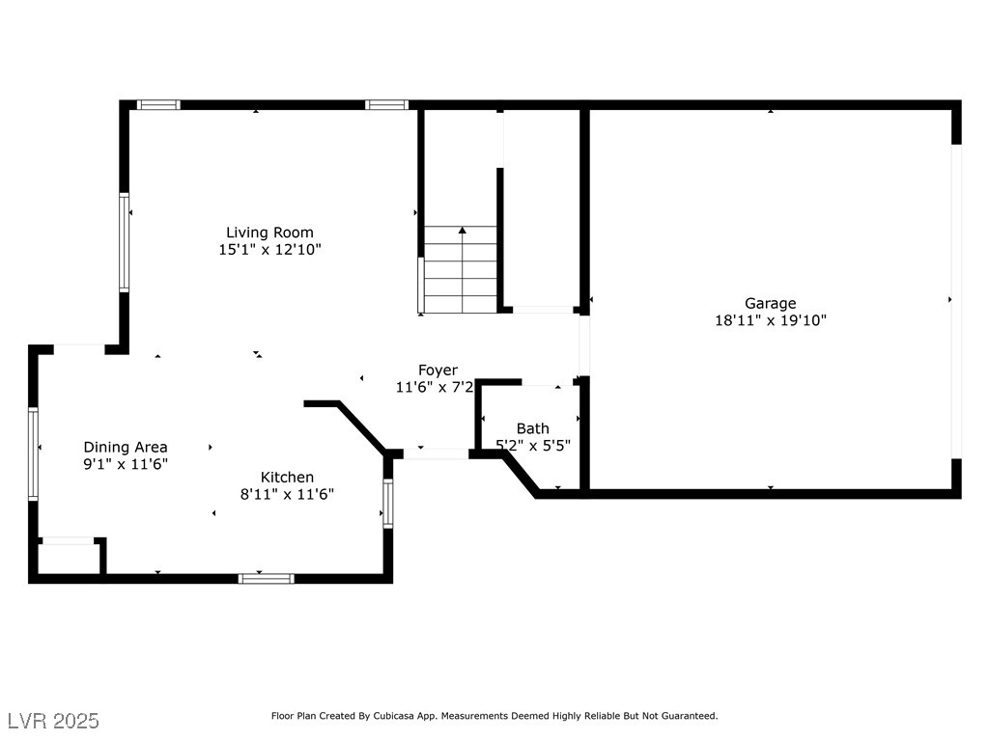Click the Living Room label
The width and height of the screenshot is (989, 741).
coord(269,233)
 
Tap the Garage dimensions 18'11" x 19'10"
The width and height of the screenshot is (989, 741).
coord(770,320)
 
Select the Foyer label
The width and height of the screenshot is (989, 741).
coord(438,370)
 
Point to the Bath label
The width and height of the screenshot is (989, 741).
coord(532,428)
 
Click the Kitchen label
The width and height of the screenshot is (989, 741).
coord(287,477)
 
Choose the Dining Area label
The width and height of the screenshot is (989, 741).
coord(126,448)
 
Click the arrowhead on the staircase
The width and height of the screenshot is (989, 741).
coord(463,231)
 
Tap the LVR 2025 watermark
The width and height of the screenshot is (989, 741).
coord(54,721)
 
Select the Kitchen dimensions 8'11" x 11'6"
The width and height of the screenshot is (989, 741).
coord(287,494)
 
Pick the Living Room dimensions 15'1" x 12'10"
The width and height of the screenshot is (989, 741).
coord(270,250)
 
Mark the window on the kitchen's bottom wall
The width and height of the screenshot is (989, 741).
coord(267,579)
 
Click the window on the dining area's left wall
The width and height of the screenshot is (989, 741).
coord(34,453)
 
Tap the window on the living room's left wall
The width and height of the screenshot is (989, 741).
coord(125,242)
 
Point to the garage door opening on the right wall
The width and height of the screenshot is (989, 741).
coord(956,301)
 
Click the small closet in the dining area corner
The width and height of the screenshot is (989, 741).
coord(69,558)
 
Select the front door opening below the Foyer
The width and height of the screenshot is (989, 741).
coord(436,453)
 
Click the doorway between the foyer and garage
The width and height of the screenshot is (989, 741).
coord(584,346)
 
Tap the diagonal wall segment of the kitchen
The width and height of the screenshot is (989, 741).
coord(361,427)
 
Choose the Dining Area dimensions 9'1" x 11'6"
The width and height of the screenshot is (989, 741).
coord(126,464)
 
